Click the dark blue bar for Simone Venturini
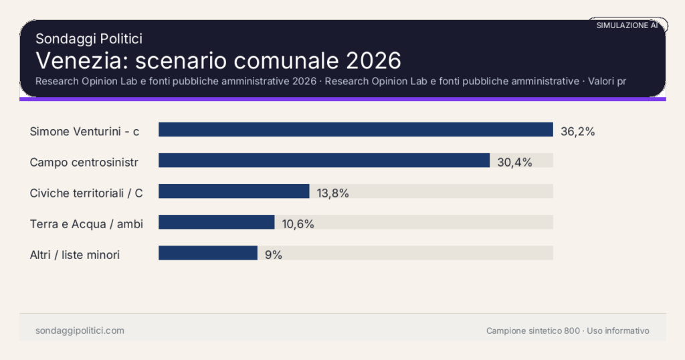(x=355, y=130)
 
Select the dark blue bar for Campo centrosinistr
(x=324, y=161)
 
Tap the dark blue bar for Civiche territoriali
(x=233, y=191)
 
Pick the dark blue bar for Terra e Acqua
(x=216, y=222)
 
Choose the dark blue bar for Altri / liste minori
(x=207, y=253)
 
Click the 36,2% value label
(x=577, y=131)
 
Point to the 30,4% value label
(x=514, y=162)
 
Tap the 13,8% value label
(x=332, y=193)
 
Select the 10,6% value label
(x=298, y=223)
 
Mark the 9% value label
(x=273, y=254)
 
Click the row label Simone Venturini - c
(x=84, y=131)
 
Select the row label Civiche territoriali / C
(x=86, y=193)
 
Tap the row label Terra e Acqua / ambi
(x=86, y=223)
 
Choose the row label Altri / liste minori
(x=75, y=254)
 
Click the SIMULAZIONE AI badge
(x=627, y=25)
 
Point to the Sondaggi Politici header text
(x=88, y=39)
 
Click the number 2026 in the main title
(x=373, y=60)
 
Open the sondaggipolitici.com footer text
(x=80, y=331)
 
